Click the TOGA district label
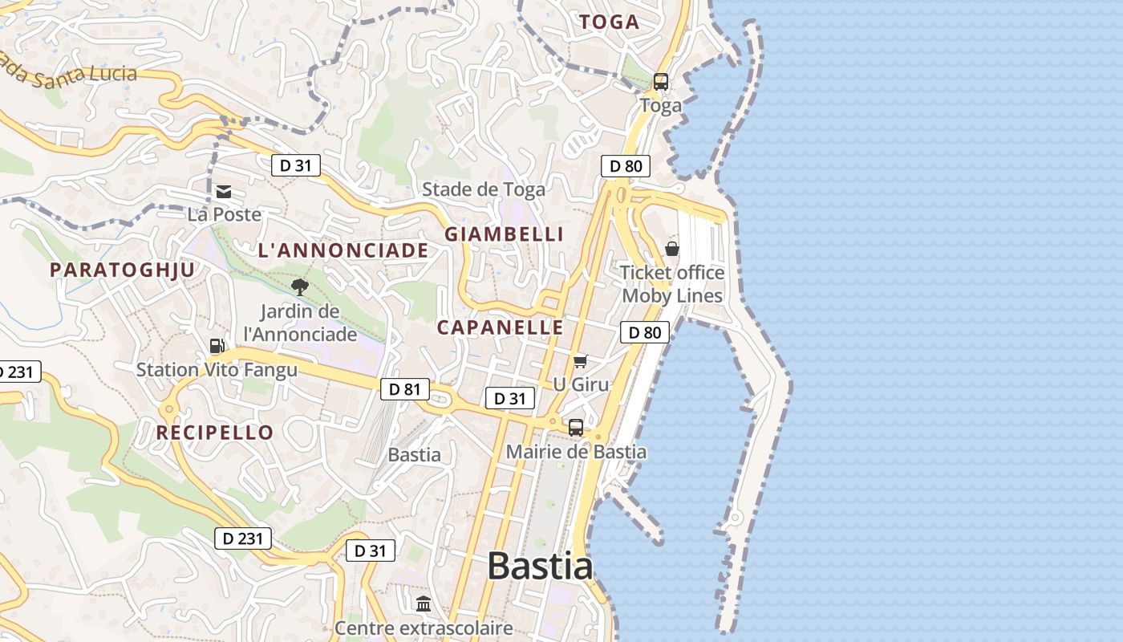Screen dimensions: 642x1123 click(x=610, y=22)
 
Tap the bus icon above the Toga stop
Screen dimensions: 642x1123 click(x=661, y=81)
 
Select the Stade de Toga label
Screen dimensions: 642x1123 click(x=484, y=189)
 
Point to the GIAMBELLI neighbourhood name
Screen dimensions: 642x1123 click(x=505, y=234)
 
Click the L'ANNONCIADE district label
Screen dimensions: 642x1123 click(x=343, y=250)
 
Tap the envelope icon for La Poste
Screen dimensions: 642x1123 click(x=224, y=192)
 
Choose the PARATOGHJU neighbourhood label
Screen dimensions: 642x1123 click(x=123, y=270)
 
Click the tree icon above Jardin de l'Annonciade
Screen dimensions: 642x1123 click(x=300, y=286)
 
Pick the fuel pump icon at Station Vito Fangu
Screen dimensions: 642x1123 click(x=217, y=346)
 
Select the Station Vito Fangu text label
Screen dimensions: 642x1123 click(x=217, y=370)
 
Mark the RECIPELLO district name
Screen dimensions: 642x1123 click(x=215, y=433)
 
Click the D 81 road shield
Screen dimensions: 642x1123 click(x=404, y=390)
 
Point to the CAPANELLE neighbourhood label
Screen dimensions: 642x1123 click(x=501, y=327)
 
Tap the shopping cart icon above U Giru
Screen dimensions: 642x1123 click(x=580, y=362)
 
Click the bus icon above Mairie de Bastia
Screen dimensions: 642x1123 click(x=576, y=427)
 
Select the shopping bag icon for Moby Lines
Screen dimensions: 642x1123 click(x=672, y=249)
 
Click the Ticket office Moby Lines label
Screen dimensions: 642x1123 click(x=672, y=284)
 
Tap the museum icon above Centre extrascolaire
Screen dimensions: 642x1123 click(x=424, y=603)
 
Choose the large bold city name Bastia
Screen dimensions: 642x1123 click(x=540, y=566)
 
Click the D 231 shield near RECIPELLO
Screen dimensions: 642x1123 click(x=242, y=538)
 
